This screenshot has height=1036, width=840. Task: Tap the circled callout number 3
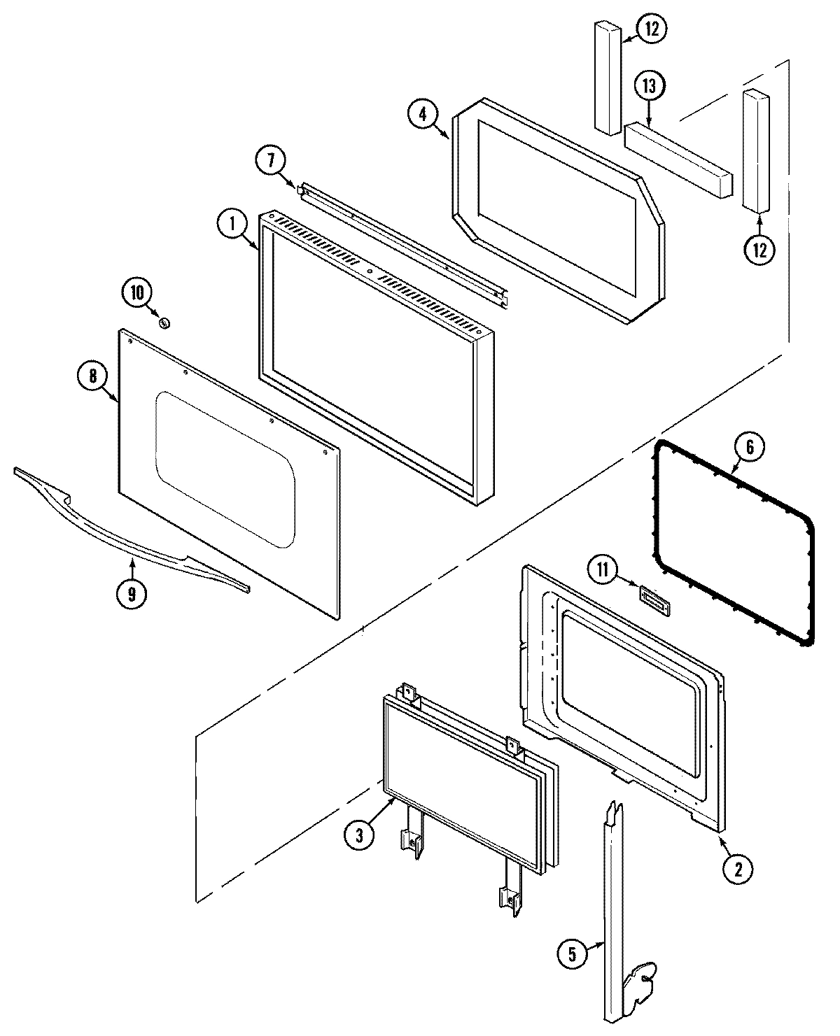tap(358, 835)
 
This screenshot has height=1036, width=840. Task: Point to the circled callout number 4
tap(422, 115)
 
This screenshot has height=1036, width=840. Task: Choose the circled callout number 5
tap(572, 955)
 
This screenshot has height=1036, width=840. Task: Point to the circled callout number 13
tap(649, 87)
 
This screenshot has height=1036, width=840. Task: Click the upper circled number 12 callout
tap(651, 29)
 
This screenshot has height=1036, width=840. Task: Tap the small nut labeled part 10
tap(166, 322)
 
